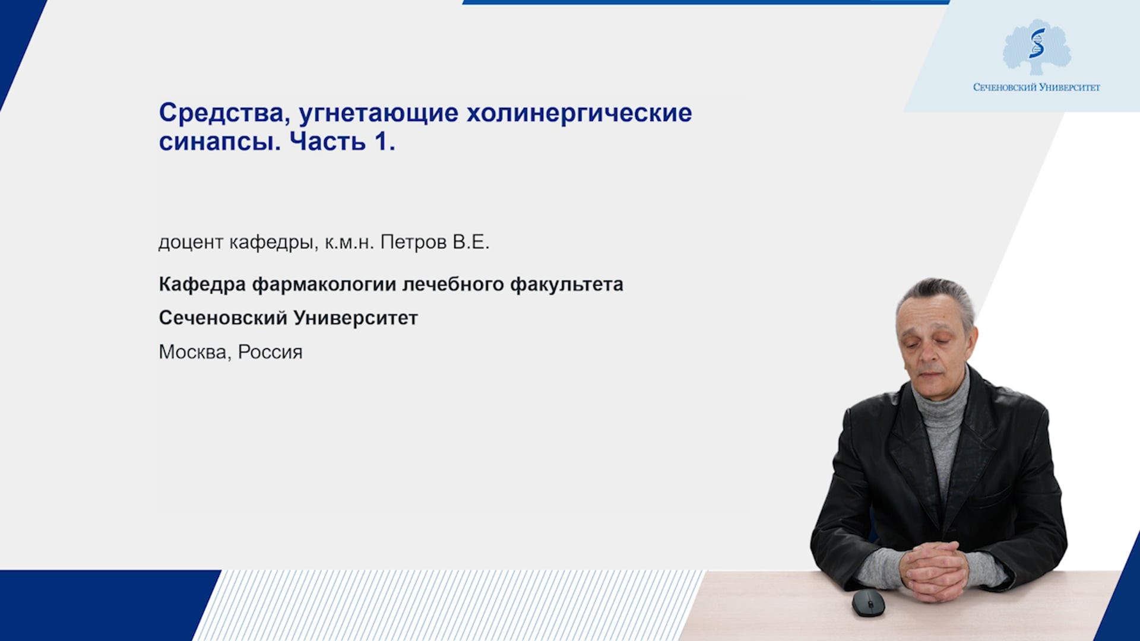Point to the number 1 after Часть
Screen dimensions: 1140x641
[x=385, y=141]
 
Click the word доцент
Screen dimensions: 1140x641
[x=191, y=243]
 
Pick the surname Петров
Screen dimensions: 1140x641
[x=413, y=242]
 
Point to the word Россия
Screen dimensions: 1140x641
[x=270, y=353]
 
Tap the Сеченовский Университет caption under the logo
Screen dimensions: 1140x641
[x=1037, y=87]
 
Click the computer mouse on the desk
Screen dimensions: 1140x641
[x=868, y=603]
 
